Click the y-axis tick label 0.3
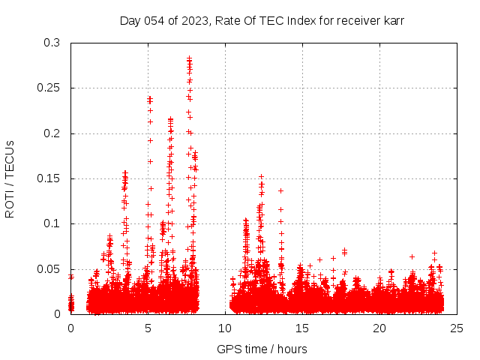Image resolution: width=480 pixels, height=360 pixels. [x=52, y=43]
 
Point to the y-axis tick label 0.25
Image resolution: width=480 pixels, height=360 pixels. [x=49, y=88]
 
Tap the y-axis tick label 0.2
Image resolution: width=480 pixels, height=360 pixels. [x=52, y=133]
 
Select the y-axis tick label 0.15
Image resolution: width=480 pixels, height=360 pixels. [x=49, y=178]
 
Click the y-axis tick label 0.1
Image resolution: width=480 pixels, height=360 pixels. [x=52, y=223]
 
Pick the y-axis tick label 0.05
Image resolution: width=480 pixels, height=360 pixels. [x=49, y=268]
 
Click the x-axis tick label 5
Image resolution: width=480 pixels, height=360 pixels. [x=148, y=328]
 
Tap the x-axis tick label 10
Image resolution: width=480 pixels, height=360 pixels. [x=225, y=328]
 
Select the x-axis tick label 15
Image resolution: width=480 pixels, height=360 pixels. [x=302, y=328]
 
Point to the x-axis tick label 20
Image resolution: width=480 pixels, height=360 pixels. [x=379, y=328]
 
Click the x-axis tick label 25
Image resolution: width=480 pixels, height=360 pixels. [x=457, y=328]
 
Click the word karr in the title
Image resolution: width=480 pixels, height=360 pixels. [x=393, y=20]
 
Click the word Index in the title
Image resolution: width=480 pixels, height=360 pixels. [x=298, y=20]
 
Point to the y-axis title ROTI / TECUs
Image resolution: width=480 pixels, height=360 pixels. [x=10, y=178]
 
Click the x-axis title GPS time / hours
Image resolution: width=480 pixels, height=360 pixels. [x=262, y=349]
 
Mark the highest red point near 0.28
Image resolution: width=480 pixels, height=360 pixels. [x=190, y=58]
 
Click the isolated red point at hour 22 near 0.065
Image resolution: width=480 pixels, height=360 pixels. [x=412, y=256]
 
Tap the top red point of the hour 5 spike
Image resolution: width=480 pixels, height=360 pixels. [x=150, y=97]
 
